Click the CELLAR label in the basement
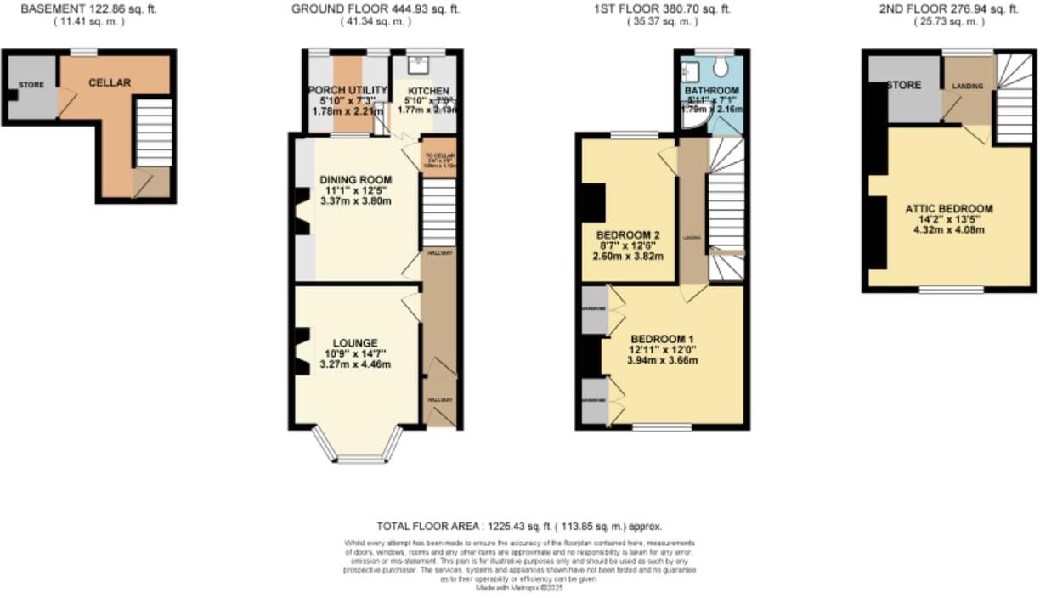coord(110,82)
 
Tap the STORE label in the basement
coord(31,85)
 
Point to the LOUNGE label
coord(355,342)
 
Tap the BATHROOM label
coord(711,90)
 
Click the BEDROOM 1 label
coord(662,337)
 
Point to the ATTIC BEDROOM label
coord(948,208)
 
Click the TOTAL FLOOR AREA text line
coord(519,527)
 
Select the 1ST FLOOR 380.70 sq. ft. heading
coord(662,9)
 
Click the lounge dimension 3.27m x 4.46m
coord(355,364)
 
